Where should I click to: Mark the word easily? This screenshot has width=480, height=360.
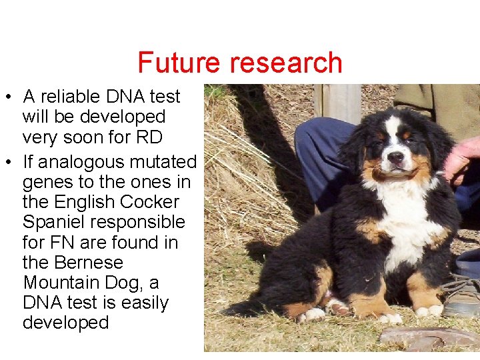[x=143, y=303]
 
